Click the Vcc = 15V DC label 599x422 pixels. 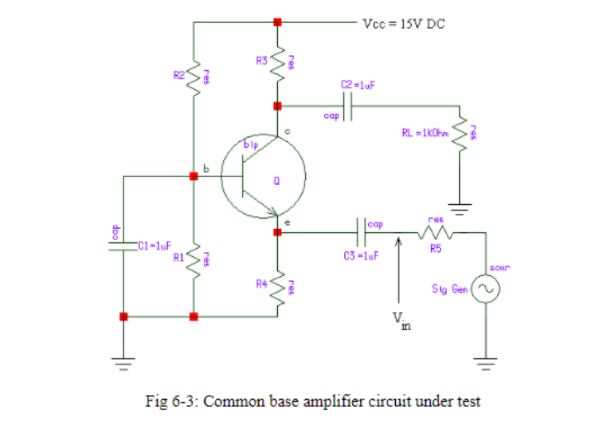click(404, 23)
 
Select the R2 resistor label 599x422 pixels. click(178, 75)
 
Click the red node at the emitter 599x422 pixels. click(277, 232)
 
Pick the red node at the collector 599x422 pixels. click(277, 105)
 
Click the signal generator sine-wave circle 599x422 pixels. click(484, 290)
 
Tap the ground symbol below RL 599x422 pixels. click(460, 210)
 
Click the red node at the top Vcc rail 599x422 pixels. click(277, 22)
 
